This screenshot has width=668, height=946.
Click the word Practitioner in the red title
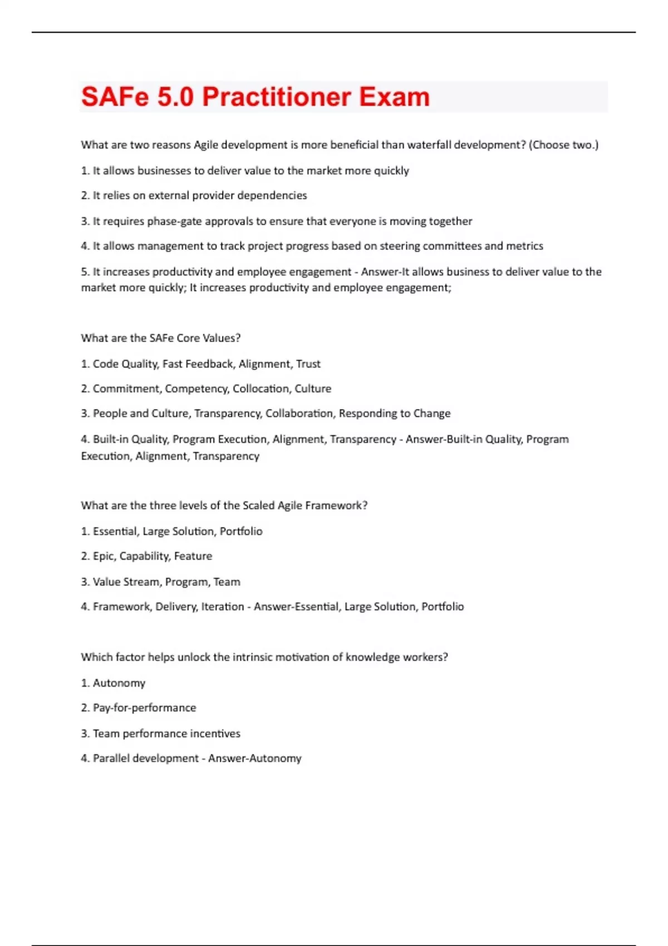277,97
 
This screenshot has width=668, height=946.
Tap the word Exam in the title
394,97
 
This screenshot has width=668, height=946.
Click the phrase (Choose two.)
563,145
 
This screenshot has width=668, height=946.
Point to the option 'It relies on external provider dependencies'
199,195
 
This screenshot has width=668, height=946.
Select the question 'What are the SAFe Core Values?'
161,338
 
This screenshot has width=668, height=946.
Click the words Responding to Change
395,413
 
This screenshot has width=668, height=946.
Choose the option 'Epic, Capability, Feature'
152,556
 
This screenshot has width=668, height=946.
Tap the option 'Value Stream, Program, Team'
166,582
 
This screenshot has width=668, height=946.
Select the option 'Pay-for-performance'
144,708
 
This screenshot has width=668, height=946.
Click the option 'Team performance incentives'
166,733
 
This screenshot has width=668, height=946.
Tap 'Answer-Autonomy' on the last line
255,758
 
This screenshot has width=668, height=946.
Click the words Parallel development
145,758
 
